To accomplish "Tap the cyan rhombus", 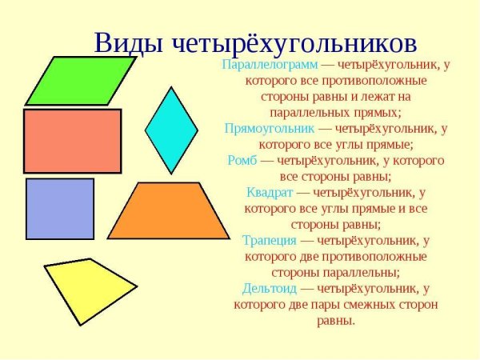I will [170, 130].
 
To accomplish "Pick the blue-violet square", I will [59, 208].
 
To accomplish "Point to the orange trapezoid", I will [170, 212].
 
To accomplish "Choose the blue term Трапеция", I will [270, 239].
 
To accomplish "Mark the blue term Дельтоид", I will [270, 288].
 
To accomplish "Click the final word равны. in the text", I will [336, 320].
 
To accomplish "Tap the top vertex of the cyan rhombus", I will [170, 87].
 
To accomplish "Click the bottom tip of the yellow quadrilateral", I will [80, 325].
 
